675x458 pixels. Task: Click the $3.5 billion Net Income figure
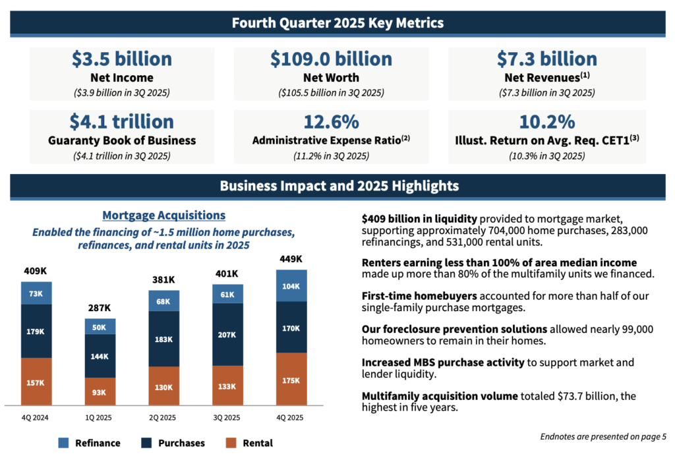(x=121, y=59)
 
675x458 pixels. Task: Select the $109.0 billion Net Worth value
(x=331, y=59)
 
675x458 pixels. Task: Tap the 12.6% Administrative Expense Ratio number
(x=331, y=122)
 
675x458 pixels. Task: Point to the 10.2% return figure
(x=546, y=122)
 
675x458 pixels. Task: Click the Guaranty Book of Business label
(x=122, y=140)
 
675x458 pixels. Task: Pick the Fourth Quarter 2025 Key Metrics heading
(x=337, y=23)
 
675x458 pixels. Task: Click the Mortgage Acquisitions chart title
(x=164, y=215)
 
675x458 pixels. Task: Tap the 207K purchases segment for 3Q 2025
(x=227, y=334)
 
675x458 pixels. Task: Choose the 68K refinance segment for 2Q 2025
(x=163, y=302)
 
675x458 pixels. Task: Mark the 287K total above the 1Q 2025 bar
(x=100, y=308)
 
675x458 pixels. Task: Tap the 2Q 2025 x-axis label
(x=163, y=418)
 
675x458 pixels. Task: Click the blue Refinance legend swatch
(x=64, y=443)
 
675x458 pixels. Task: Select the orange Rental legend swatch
(x=231, y=443)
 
